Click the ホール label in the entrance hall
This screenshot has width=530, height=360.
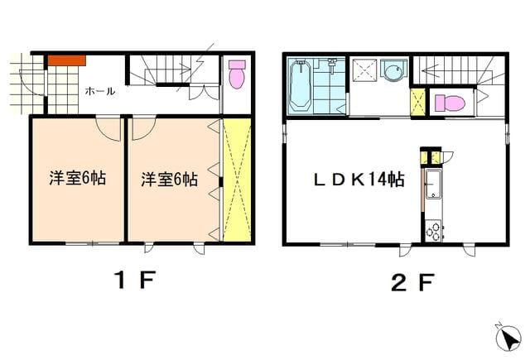click(100, 91)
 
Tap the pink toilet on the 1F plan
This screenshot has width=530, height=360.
click(237, 74)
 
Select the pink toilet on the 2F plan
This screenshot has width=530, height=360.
click(449, 103)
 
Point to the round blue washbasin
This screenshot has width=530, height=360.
click(394, 71)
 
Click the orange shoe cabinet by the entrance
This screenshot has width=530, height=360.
click(66, 60)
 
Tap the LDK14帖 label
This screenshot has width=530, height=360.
click(359, 180)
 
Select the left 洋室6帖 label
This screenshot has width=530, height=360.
click(77, 178)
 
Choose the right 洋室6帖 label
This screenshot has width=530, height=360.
click(169, 180)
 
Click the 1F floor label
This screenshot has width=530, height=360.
click(135, 281)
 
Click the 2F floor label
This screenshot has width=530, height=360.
click(412, 282)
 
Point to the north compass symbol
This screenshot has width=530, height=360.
click(508, 338)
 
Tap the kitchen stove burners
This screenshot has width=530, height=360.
click(434, 230)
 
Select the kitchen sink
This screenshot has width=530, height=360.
click(433, 185)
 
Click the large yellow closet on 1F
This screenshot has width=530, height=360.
click(237, 180)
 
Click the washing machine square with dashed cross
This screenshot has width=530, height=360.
click(364, 70)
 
